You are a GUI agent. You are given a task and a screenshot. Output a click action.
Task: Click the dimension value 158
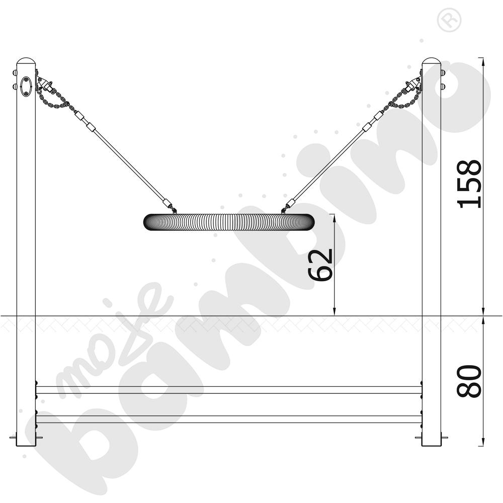pos(469,184)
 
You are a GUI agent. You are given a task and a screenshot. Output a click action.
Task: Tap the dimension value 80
pos(469,381)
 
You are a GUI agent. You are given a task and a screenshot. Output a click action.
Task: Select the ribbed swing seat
pos(229,222)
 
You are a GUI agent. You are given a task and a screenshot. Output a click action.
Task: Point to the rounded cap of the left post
pos(26,61)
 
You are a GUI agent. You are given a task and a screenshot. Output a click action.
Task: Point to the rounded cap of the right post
pos(432,61)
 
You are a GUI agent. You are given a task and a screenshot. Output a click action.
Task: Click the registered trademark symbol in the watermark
pos(449,20)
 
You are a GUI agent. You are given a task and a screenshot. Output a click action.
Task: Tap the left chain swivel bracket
pos(44,84)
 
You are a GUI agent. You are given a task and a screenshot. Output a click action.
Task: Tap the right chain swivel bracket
pos(413,84)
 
